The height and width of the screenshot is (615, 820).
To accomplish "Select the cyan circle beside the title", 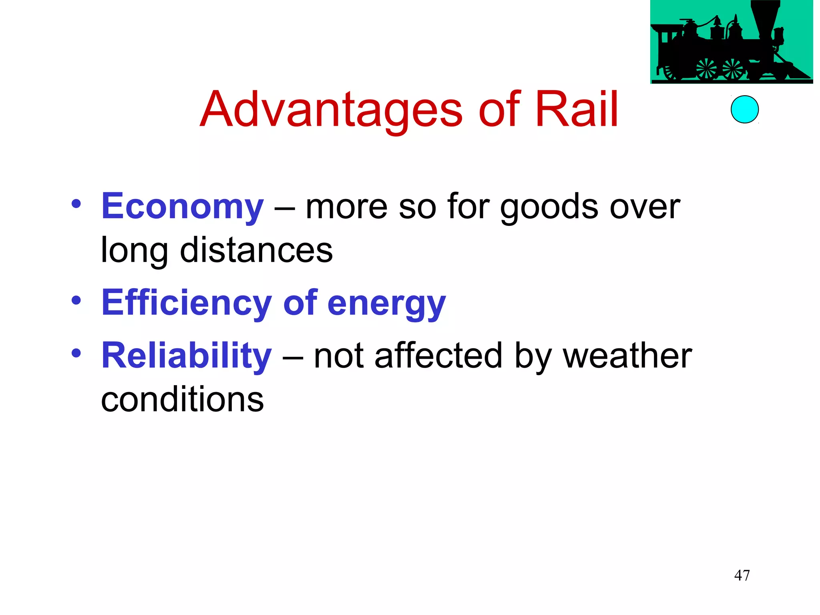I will (x=744, y=109).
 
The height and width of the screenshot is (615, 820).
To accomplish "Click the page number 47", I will (x=742, y=575).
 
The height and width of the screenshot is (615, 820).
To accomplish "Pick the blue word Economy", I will (x=183, y=207).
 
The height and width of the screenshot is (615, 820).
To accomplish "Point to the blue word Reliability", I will (x=187, y=356).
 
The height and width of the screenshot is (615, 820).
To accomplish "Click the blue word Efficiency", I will (x=187, y=303).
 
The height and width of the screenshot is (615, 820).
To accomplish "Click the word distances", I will (x=256, y=250).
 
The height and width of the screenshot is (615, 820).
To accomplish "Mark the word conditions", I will (x=182, y=399).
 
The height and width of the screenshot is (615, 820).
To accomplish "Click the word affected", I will (x=438, y=356).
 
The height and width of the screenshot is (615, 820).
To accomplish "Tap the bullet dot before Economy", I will (x=76, y=205).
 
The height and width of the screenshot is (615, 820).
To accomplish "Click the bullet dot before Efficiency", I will (x=76, y=300).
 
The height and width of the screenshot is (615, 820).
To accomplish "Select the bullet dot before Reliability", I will (x=76, y=353).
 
